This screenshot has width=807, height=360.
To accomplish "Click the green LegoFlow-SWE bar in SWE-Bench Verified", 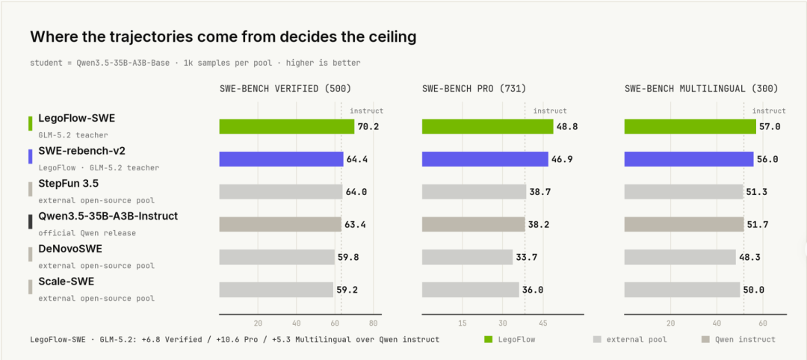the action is pyautogui.click(x=287, y=126).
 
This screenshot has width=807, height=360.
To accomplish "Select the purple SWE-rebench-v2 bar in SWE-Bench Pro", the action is pyautogui.click(x=485, y=159).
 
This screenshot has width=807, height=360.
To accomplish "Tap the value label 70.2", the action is pyautogui.click(x=369, y=126).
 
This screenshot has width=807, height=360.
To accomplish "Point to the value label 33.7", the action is pyautogui.click(x=527, y=257).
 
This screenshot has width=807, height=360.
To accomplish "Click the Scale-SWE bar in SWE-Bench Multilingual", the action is pyautogui.click(x=682, y=290).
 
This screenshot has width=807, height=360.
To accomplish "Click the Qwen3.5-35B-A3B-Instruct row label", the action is pyautogui.click(x=108, y=217).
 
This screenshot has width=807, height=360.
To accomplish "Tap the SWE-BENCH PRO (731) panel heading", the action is pyautogui.click(x=474, y=88).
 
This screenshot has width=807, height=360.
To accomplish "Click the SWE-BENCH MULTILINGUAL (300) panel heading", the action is pyautogui.click(x=701, y=88).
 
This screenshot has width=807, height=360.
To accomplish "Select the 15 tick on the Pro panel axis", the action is pyautogui.click(x=463, y=323).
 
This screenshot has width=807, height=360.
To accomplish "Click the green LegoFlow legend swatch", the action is pyautogui.click(x=489, y=339).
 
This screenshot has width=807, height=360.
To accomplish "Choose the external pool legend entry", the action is pyautogui.click(x=630, y=339).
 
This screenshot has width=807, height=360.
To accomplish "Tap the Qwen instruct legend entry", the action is pyautogui.click(x=738, y=339).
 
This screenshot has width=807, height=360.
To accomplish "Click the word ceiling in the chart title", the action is pyautogui.click(x=387, y=37).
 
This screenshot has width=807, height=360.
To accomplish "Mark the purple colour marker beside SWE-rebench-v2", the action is pyautogui.click(x=31, y=156).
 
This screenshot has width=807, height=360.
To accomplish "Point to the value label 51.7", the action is pyautogui.click(x=758, y=225).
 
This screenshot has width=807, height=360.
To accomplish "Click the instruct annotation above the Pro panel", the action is pyautogui.click(x=550, y=111).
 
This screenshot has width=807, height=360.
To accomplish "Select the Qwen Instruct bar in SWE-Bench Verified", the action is pyautogui.click(x=280, y=224).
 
